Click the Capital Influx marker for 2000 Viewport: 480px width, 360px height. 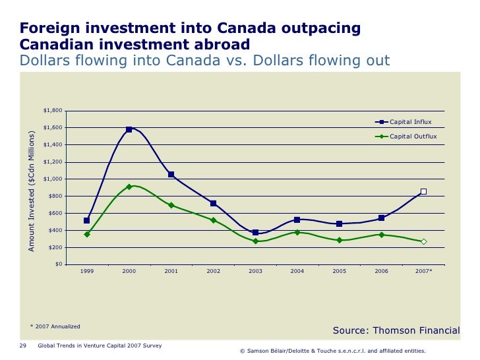(129, 129)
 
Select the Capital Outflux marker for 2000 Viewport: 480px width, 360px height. (129, 187)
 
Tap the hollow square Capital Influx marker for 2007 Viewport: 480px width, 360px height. (423, 192)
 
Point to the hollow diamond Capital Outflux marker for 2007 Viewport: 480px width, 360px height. (423, 242)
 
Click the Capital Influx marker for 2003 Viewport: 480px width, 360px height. (255, 233)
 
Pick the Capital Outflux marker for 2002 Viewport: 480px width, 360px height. (213, 220)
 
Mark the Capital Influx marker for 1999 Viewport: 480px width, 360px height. (87, 221)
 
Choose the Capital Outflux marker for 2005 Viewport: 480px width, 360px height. (339, 240)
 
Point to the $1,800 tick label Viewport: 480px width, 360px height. (53, 111)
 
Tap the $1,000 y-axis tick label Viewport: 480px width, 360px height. (53, 179)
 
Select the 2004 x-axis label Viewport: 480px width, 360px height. (297, 272)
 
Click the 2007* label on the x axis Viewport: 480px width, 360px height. (424, 272)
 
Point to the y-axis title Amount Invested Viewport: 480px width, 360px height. (31, 191)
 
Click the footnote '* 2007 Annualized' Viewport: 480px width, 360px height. (55, 326)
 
